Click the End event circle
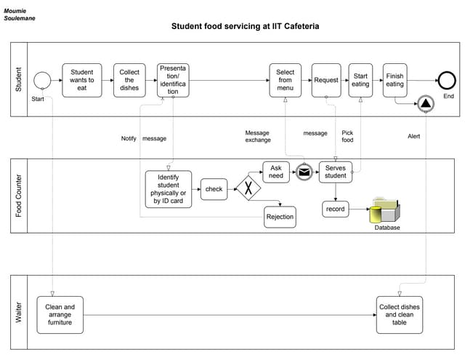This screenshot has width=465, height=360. [445, 81]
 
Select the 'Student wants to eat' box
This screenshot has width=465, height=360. [82, 80]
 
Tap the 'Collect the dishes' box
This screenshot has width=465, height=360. [129, 80]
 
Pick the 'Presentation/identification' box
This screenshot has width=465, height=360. [173, 80]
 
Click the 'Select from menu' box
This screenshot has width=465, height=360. [286, 80]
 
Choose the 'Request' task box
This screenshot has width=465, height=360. [326, 80]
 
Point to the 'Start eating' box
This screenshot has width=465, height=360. [360, 80]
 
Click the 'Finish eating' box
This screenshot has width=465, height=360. [395, 80]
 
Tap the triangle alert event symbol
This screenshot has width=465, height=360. [424, 104]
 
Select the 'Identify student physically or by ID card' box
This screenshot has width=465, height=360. [169, 189]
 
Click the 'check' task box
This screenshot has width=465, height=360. [214, 189]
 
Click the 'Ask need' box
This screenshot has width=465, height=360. [276, 172]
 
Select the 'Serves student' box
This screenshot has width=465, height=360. [336, 172]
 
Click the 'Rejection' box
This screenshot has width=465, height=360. [280, 217]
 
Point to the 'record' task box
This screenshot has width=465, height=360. [336, 209]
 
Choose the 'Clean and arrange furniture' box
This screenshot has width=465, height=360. [60, 314]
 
